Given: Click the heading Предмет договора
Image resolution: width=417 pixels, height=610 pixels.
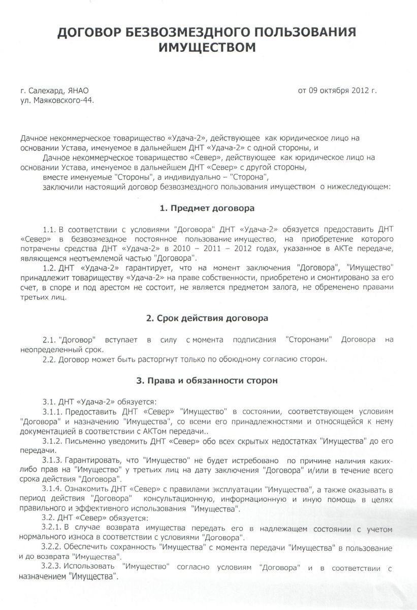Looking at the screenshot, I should [x=213, y=208].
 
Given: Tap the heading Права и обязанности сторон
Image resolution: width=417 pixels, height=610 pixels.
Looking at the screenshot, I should [x=213, y=381].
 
